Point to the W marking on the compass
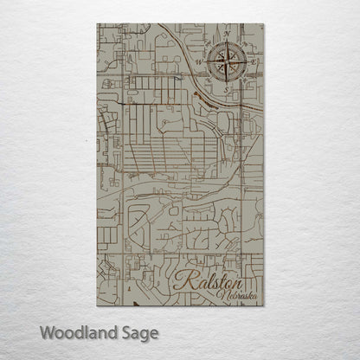click(197, 61)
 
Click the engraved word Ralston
click(207, 280)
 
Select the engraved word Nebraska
click(238, 297)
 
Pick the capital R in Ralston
click(183, 280)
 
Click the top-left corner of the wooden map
click(97, 24)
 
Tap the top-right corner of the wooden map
click(263, 24)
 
